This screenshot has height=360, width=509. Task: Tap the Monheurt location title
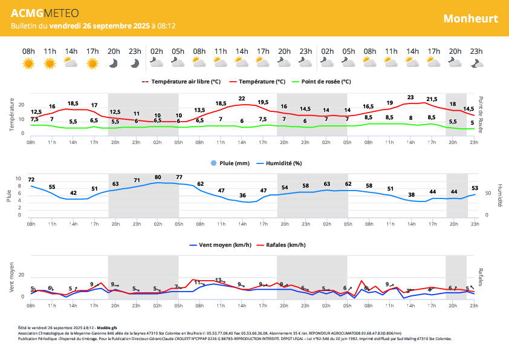click(x=470, y=18)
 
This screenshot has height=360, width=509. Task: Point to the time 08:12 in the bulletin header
click(x=166, y=26)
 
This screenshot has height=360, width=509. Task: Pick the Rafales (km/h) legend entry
click(x=280, y=245)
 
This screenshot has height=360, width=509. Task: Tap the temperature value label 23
click(x=410, y=97)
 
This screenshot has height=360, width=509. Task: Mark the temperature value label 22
click(x=242, y=98)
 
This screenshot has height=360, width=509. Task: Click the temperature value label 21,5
click(x=432, y=99)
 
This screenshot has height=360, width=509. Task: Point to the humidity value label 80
click(x=158, y=177)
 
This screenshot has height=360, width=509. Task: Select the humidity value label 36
click(x=242, y=195)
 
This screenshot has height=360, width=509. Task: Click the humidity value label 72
click(x=31, y=180)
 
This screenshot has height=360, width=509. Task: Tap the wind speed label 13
click(x=218, y=280)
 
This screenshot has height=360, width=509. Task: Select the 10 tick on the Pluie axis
click(x=18, y=179)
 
